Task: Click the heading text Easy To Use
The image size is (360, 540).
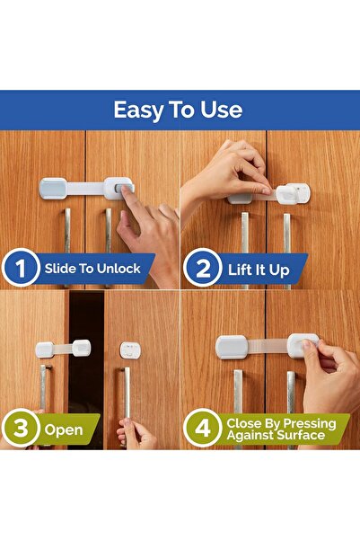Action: [x=178, y=111]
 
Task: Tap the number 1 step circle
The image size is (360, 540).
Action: [x=20, y=269]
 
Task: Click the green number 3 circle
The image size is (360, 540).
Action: [x=20, y=429]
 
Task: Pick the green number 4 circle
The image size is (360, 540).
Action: [x=203, y=429]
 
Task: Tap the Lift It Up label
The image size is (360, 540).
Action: [x=264, y=269]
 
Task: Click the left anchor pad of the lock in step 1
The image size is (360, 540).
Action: [x=52, y=188]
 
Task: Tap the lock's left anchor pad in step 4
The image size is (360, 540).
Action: [x=232, y=347]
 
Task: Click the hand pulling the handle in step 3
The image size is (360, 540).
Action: [x=136, y=434]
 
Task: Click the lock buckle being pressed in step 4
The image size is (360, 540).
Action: [x=303, y=344]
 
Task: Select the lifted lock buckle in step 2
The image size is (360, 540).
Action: [x=292, y=192]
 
